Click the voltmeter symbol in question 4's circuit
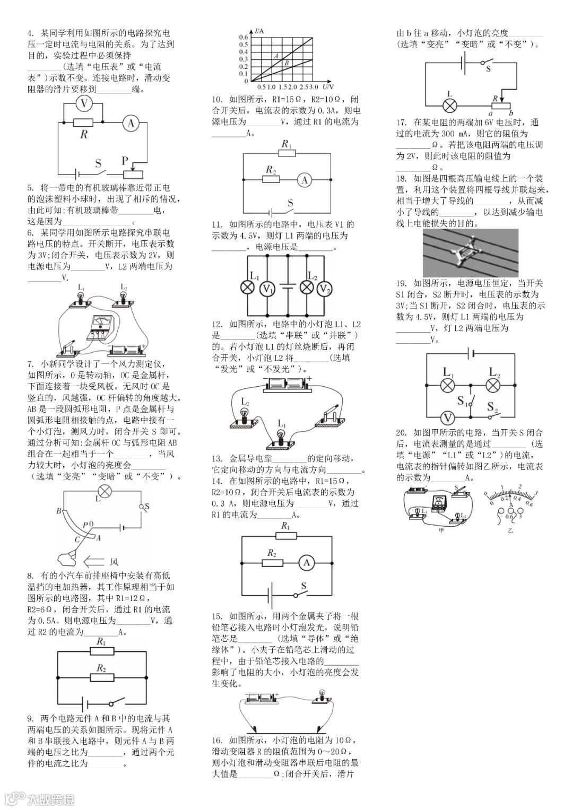click(83, 104)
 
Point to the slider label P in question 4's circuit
click(125, 160)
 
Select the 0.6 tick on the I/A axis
click(244, 37)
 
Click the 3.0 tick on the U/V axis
click(313, 86)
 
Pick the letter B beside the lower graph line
click(286, 63)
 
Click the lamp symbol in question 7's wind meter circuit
click(105, 491)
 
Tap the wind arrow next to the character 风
click(94, 561)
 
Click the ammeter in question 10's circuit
click(304, 180)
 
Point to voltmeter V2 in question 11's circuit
click(324, 288)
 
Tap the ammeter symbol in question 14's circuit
click(306, 563)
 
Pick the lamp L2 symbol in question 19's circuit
click(494, 384)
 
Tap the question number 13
click(216, 458)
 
